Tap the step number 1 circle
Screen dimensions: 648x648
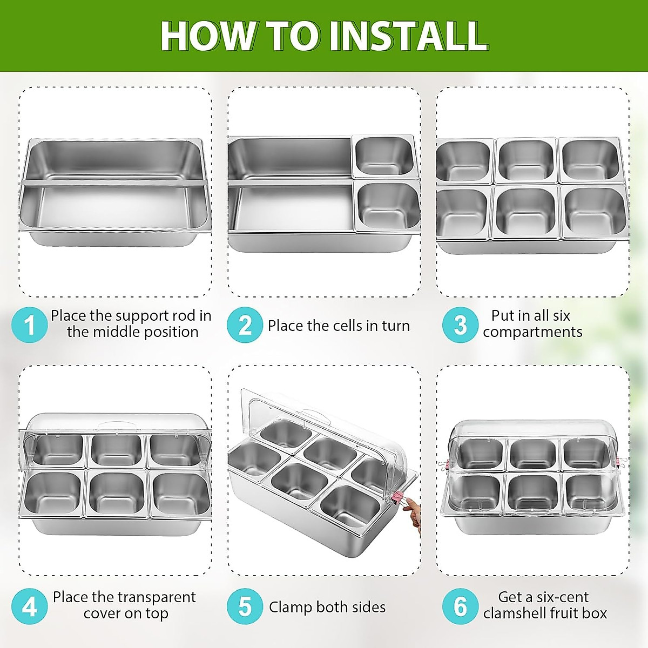pyautogui.click(x=29, y=325)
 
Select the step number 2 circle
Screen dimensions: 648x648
pyautogui.click(x=245, y=325)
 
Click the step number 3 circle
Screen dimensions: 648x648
pyautogui.click(x=460, y=325)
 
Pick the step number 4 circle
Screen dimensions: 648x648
pyautogui.click(x=29, y=606)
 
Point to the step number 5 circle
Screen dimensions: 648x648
pyautogui.click(x=245, y=606)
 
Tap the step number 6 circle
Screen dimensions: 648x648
pyautogui.click(x=460, y=606)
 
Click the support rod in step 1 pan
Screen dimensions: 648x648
pyautogui.click(x=113, y=184)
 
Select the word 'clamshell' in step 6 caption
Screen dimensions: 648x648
pyautogui.click(x=517, y=613)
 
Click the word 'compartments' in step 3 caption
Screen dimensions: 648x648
pyautogui.click(x=532, y=332)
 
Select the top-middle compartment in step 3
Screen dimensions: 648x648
pyautogui.click(x=525, y=160)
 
